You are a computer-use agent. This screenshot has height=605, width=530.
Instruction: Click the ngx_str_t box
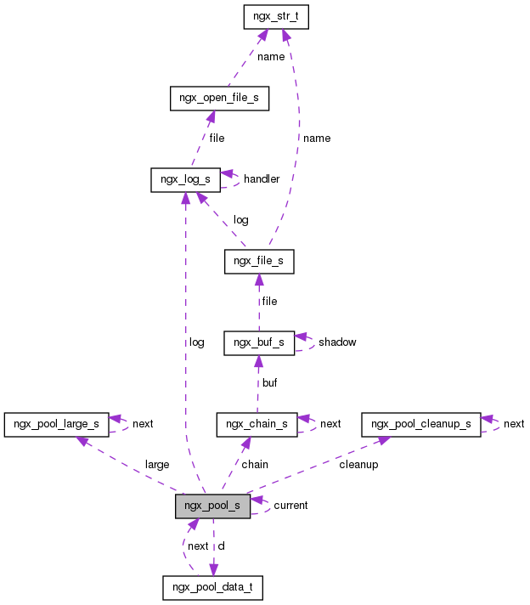(x=274, y=17)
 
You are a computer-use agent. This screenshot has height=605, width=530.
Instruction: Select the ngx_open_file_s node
(x=219, y=99)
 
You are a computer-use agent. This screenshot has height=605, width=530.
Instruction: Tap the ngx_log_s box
(x=185, y=179)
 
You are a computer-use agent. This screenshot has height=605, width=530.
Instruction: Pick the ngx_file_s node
(x=259, y=262)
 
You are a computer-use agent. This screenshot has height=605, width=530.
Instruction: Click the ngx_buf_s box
(x=259, y=342)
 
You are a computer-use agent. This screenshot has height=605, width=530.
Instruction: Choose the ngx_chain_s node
(x=257, y=423)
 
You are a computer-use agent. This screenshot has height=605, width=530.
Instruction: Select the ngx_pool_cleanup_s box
(x=421, y=423)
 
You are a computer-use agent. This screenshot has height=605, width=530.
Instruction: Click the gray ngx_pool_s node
(x=213, y=506)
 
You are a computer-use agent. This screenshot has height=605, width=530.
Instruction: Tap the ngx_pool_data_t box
(x=213, y=586)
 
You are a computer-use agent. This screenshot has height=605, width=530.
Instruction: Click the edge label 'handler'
(x=262, y=179)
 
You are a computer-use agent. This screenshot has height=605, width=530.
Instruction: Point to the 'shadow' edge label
(x=337, y=342)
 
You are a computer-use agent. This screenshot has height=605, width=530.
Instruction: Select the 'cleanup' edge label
(x=358, y=465)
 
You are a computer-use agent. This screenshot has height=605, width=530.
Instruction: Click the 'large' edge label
(x=157, y=465)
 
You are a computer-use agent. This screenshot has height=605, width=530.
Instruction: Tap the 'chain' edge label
(x=255, y=465)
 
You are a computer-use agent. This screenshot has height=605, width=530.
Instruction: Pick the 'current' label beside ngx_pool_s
(x=290, y=506)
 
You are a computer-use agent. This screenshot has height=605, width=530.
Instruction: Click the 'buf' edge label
(x=269, y=383)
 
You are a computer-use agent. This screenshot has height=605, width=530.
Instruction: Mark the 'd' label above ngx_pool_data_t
(x=222, y=546)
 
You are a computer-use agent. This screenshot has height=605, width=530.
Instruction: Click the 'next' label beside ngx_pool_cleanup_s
(x=514, y=423)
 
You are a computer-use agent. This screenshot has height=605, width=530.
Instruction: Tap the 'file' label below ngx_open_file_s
(x=217, y=139)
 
